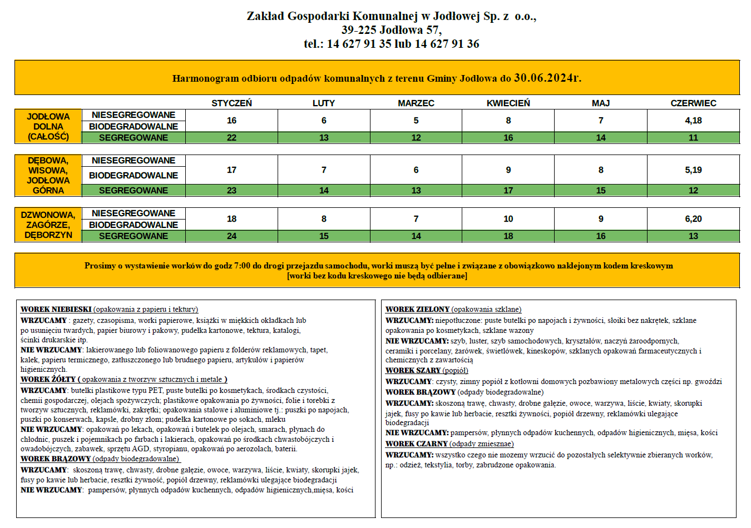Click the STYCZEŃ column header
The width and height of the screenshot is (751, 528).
231,103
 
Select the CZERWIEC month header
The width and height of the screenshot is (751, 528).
693,103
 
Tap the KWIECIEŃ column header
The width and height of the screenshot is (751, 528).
508,103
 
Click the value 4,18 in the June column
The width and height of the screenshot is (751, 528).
693,121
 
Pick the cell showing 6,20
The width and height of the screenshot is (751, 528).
693,219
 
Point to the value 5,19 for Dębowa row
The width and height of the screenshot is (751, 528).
693,170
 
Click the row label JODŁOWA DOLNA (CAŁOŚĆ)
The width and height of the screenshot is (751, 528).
48,127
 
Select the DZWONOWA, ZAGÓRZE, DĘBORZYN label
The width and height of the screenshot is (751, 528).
48,225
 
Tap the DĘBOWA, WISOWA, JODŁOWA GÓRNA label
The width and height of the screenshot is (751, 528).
48,176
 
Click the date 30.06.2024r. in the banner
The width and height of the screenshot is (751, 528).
547,78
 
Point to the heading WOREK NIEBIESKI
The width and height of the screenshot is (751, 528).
56,310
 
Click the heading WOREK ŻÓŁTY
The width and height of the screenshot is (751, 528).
48,380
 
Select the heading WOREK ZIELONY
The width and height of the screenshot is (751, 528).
417,310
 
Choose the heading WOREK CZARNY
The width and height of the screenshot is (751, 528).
416,444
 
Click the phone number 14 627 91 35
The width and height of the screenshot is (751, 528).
359,44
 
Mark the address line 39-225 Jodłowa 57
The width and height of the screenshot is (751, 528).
391,30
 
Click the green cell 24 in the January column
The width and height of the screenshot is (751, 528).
231,236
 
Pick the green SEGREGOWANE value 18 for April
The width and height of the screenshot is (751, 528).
508,236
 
